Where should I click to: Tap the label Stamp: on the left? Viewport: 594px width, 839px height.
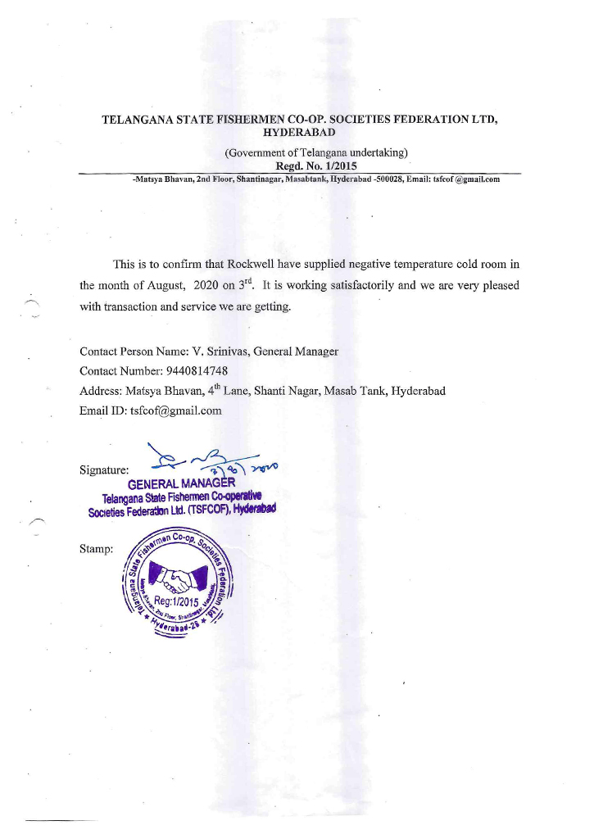[97, 548]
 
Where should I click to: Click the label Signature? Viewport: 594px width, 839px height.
[104, 471]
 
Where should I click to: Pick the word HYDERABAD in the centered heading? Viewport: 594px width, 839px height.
[298, 133]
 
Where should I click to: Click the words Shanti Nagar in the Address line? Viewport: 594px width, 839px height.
[287, 390]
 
